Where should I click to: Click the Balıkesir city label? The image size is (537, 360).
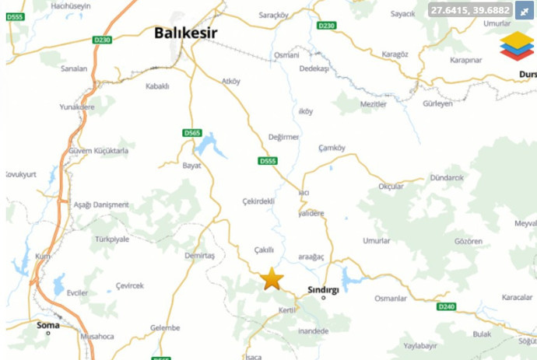click(x=184, y=33)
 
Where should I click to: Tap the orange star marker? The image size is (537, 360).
click(x=272, y=279)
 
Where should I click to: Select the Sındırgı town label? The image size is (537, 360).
click(x=324, y=288)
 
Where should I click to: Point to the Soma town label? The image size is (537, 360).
click(x=47, y=325)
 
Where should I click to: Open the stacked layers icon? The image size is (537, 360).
click(x=517, y=46)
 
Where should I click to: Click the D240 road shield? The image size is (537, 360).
click(x=446, y=306)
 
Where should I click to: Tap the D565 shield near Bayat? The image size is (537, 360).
click(x=192, y=133)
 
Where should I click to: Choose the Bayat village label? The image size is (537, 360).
click(x=191, y=166)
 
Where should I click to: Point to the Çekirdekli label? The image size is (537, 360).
click(x=258, y=201)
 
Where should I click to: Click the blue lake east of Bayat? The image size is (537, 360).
click(x=206, y=145)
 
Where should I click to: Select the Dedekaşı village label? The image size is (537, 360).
click(x=315, y=68)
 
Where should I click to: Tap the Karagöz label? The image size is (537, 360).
click(x=395, y=54)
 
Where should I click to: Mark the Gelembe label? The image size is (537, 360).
click(x=165, y=327)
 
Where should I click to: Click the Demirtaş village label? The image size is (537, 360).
click(x=200, y=255)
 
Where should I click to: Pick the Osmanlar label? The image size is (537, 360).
click(x=391, y=299)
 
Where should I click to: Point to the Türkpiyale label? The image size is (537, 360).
click(x=111, y=239)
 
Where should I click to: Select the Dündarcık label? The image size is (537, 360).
click(x=446, y=178)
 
